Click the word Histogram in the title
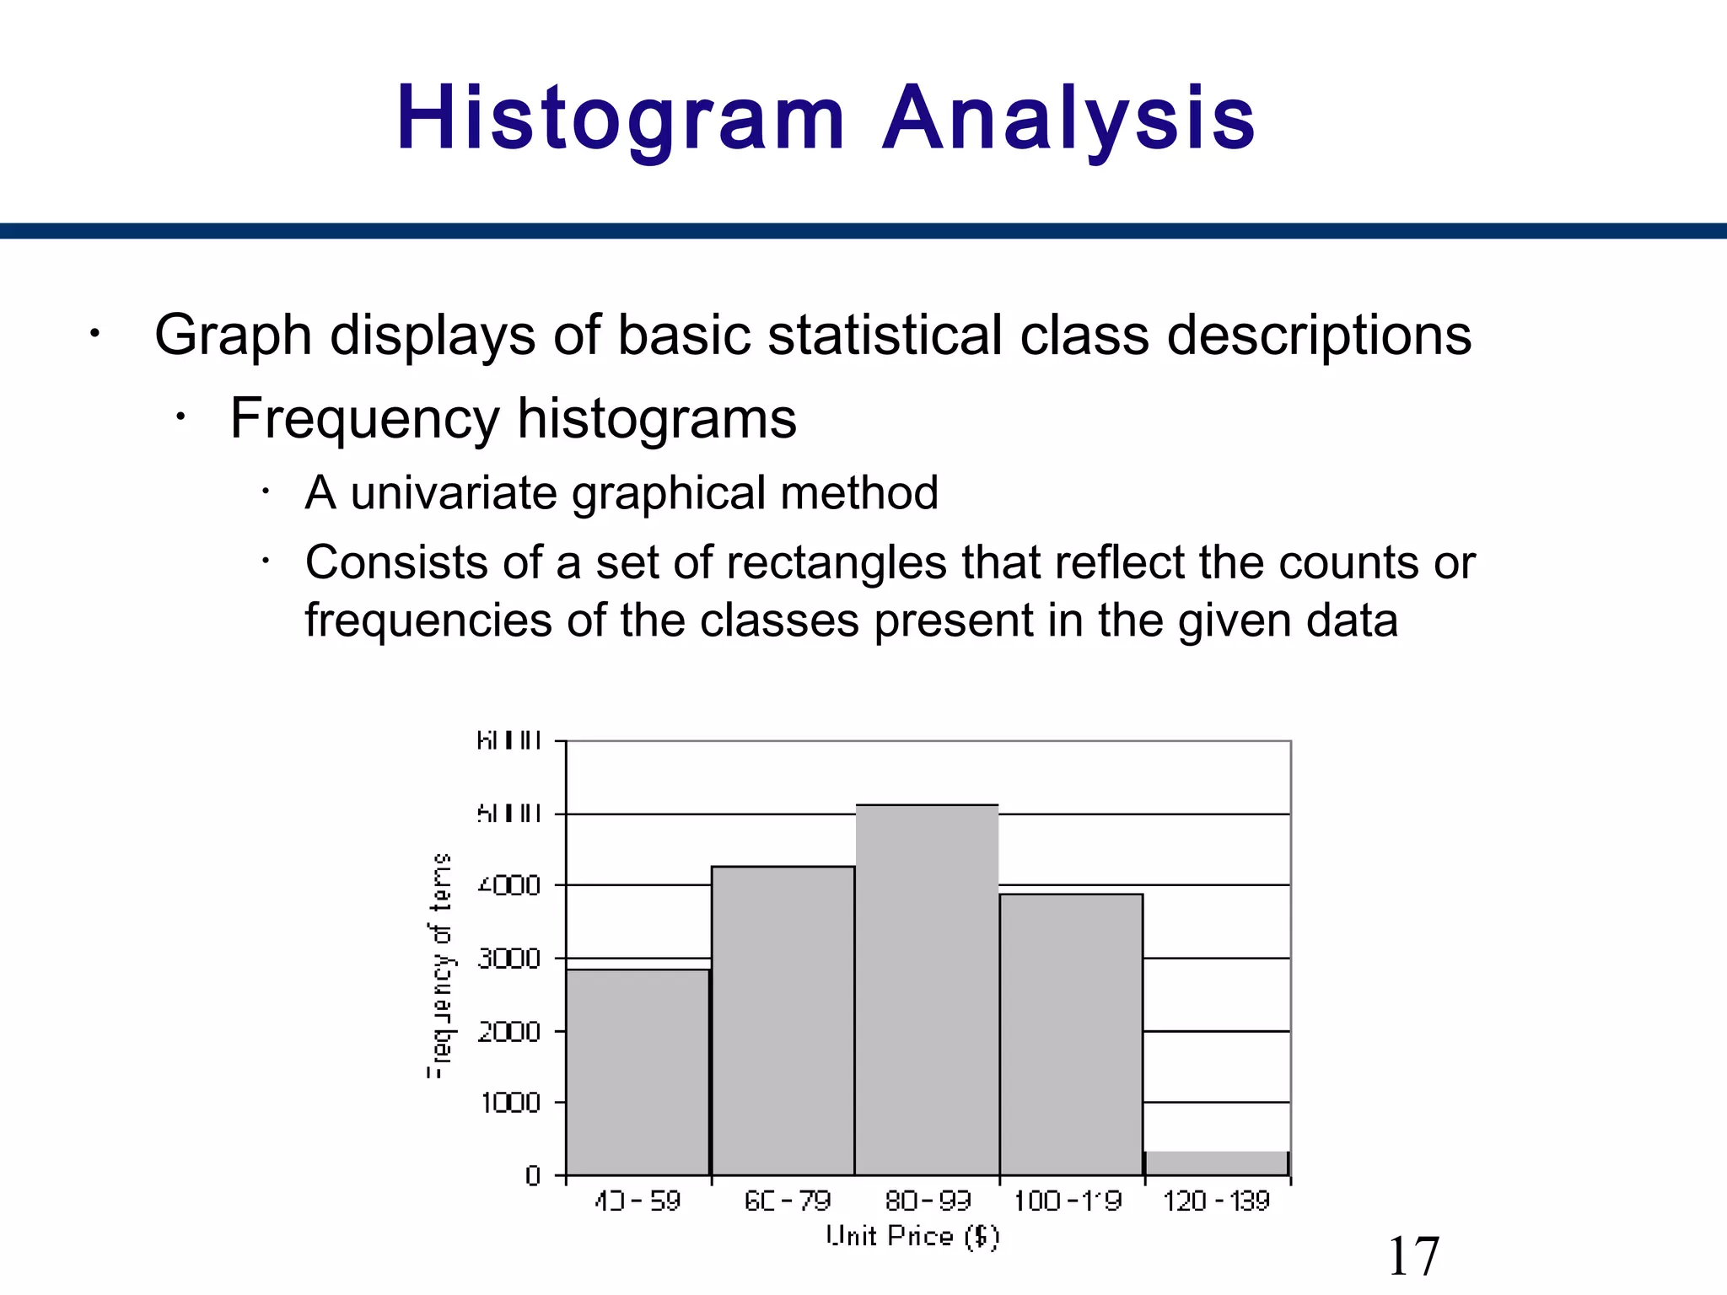(620, 120)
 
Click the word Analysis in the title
(1068, 120)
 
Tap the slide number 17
(1413, 1256)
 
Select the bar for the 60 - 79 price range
(783, 1020)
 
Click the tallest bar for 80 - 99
(927, 990)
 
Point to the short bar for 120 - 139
(1217, 1163)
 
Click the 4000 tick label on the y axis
(509, 886)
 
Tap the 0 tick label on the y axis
(533, 1175)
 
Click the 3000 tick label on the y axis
(509, 959)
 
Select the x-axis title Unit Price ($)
(912, 1236)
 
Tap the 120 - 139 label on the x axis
(1216, 1201)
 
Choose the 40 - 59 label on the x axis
(638, 1201)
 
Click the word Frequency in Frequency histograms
(364, 418)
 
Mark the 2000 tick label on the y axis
(509, 1031)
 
